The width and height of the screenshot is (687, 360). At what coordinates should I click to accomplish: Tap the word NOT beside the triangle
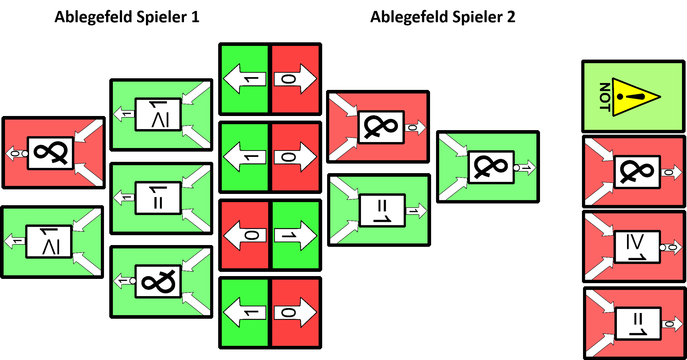click(x=605, y=97)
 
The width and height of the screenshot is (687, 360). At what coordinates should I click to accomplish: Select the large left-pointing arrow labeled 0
click(x=245, y=235)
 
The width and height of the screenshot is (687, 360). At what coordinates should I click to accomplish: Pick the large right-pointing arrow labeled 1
click(x=295, y=235)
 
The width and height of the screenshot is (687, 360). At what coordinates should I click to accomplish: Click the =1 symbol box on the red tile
click(x=638, y=324)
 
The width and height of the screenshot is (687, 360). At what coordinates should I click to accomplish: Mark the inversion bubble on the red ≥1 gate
click(x=663, y=248)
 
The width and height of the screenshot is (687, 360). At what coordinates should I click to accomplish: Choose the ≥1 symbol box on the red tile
click(x=637, y=247)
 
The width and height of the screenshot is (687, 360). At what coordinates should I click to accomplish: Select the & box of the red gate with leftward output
click(x=50, y=153)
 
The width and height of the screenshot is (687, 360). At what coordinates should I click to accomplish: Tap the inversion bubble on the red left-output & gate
click(x=25, y=154)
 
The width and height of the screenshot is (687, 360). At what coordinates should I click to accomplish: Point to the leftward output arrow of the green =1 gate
click(x=124, y=198)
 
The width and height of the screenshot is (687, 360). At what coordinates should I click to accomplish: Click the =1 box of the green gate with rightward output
click(x=382, y=210)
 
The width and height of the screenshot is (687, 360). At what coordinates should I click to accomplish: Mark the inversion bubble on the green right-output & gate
click(x=516, y=168)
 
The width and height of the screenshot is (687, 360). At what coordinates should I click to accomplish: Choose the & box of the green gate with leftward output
click(x=158, y=281)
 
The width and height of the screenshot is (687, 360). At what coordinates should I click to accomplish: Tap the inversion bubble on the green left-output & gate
click(x=133, y=281)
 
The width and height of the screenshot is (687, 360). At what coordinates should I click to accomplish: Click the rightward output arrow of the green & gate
click(x=527, y=168)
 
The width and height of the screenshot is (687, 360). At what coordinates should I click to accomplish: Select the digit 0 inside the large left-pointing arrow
click(x=251, y=236)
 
